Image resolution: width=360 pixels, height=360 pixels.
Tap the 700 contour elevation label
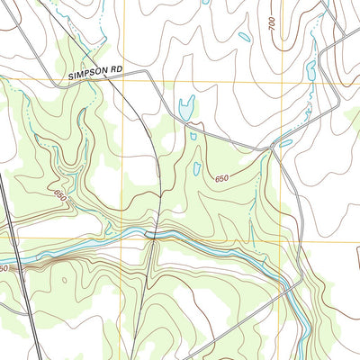[x=272, y=27]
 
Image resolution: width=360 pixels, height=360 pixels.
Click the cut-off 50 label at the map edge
[x=4, y=268]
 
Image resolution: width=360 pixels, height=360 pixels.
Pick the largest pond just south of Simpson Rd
[x=186, y=108]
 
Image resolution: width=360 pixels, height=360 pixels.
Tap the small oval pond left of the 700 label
[x=244, y=38]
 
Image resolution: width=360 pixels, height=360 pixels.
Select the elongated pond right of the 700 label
[x=310, y=69]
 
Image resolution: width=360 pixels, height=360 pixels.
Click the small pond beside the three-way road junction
[x=285, y=143]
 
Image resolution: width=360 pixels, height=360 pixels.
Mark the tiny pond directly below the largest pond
[x=193, y=136]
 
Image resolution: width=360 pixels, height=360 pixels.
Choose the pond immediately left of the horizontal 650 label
[x=197, y=168]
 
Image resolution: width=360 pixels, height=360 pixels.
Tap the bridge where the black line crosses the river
[x=156, y=236]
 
